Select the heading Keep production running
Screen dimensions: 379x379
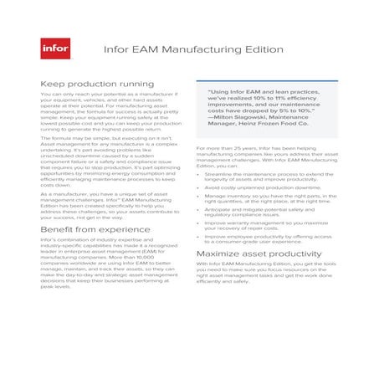(x=87, y=85)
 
